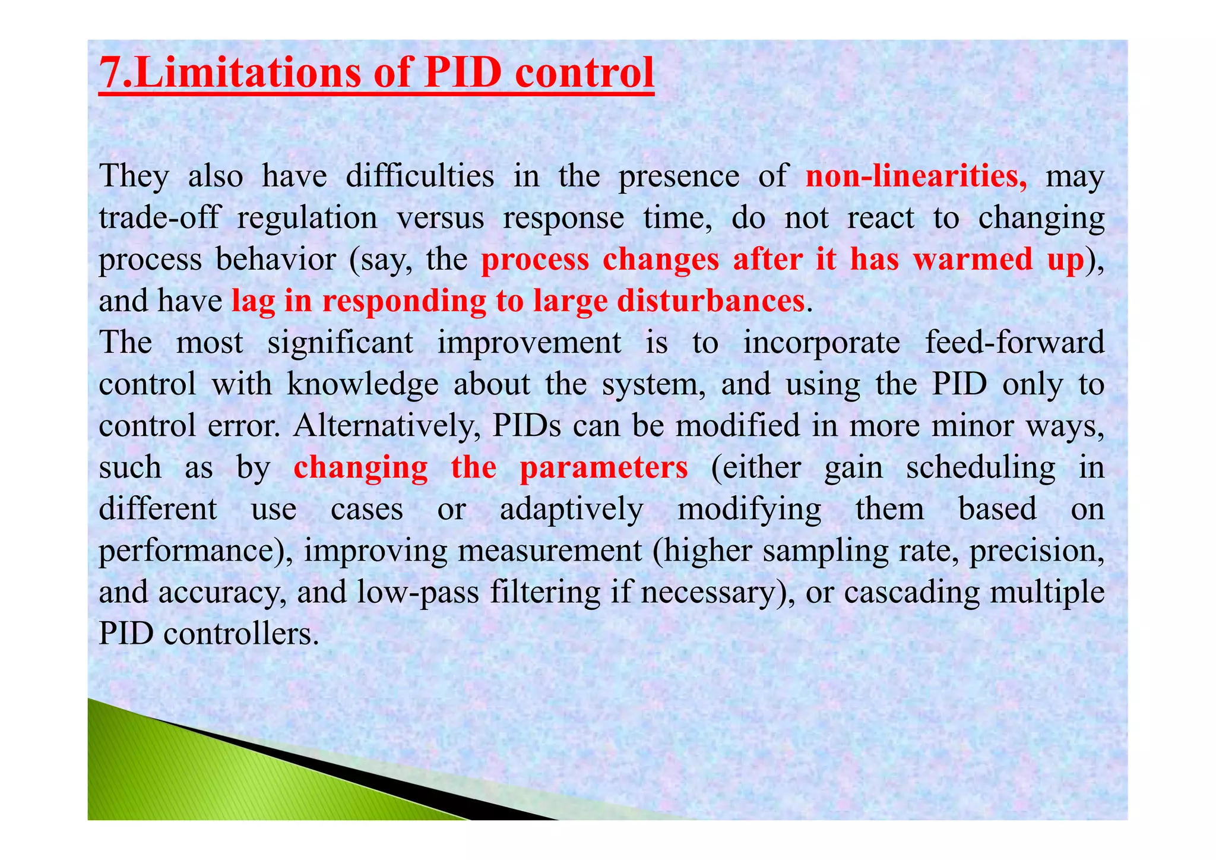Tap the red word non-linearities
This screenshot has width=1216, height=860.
(x=916, y=176)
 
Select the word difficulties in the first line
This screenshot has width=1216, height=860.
(x=420, y=176)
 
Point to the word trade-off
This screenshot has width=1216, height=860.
(x=159, y=218)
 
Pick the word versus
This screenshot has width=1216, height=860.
(x=440, y=218)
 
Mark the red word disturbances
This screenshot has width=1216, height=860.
(x=711, y=301)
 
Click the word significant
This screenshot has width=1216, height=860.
(x=340, y=343)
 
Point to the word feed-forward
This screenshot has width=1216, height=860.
(x=1015, y=343)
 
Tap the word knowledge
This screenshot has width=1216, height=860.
(x=363, y=385)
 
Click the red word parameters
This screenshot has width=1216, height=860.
(x=604, y=468)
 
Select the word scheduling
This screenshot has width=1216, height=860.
(x=980, y=468)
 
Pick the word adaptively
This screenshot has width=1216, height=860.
(x=571, y=510)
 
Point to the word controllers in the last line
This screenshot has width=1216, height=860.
(x=241, y=634)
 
